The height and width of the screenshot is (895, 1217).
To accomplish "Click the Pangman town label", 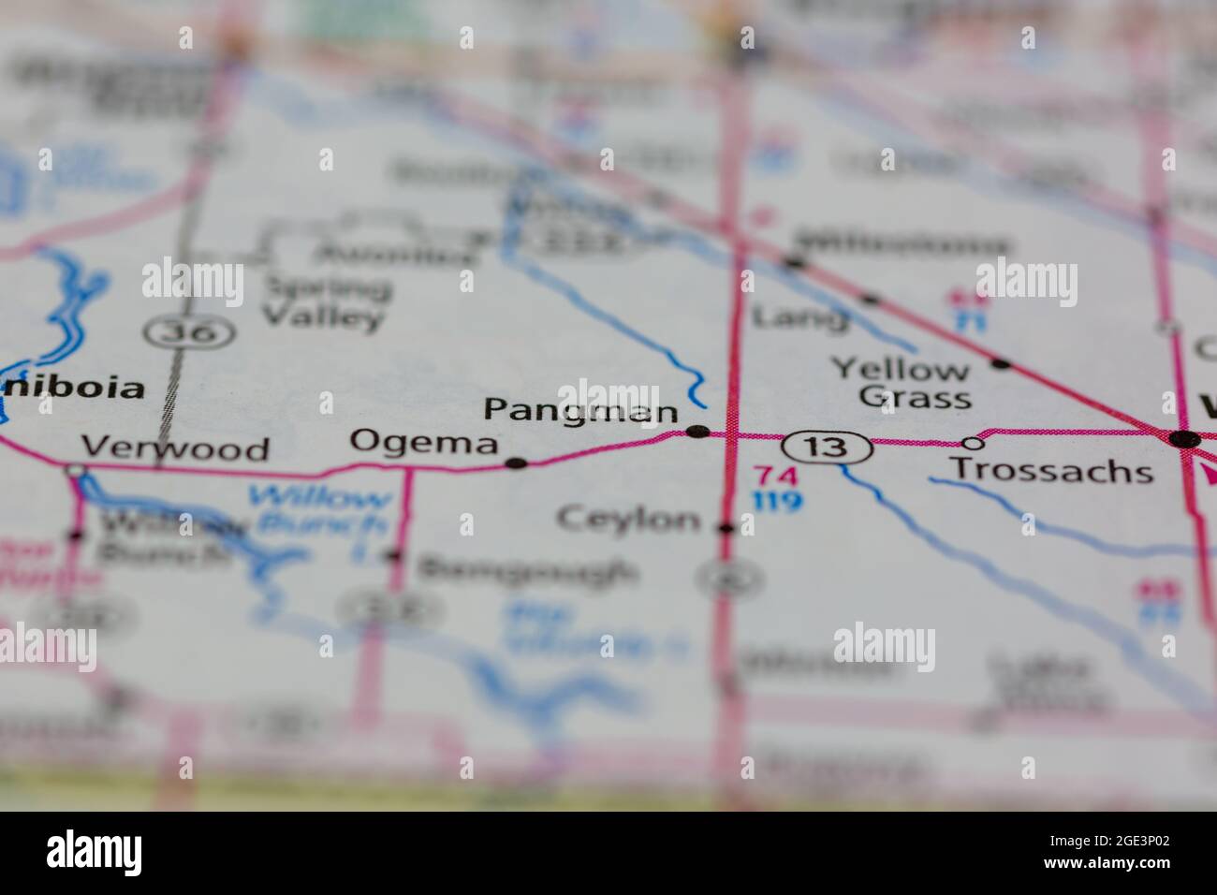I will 581,411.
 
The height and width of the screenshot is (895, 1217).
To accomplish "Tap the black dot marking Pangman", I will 697,432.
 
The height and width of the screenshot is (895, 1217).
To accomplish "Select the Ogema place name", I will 423,442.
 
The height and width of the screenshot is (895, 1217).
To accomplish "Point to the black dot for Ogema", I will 516,462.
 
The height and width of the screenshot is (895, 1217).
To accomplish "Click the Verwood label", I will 176,447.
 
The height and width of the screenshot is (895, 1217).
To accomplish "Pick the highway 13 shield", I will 828,446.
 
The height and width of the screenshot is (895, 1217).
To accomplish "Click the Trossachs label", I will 1051,470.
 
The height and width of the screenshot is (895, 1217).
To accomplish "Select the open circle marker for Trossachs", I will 974,442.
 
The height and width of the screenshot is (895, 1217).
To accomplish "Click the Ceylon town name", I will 628,519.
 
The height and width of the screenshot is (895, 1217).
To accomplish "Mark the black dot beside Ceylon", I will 726,529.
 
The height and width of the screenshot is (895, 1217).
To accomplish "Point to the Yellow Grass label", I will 901,383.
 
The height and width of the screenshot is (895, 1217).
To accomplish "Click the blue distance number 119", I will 777,501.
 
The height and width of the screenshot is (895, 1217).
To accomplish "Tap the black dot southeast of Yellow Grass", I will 1001,362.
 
